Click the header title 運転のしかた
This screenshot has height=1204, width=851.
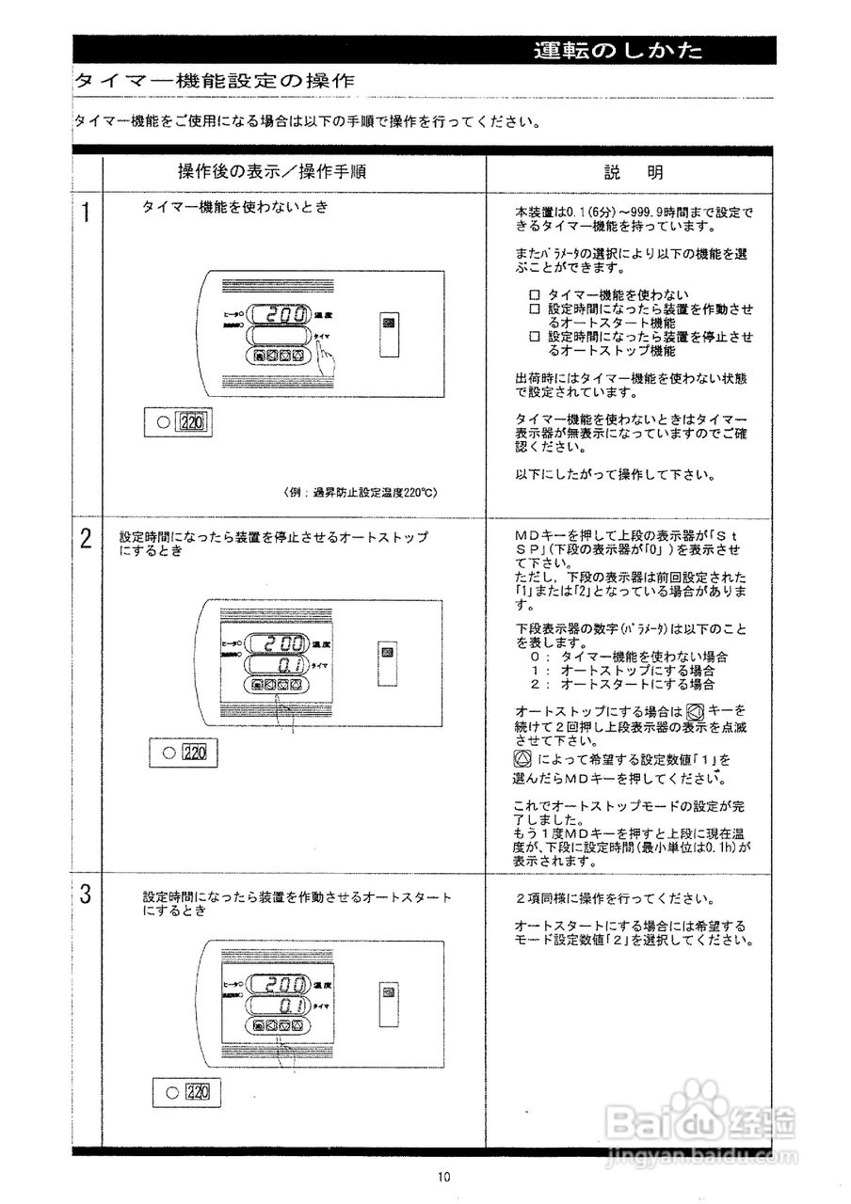coord(617,51)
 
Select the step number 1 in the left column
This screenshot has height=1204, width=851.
coord(86,214)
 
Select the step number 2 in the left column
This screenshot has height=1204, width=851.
coord(86,539)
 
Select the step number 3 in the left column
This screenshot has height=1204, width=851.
coord(86,895)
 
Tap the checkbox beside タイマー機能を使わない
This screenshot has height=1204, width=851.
coord(535,294)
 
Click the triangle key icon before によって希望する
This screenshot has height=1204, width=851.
coord(523,757)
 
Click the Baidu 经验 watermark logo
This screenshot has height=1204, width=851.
coord(701,1120)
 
